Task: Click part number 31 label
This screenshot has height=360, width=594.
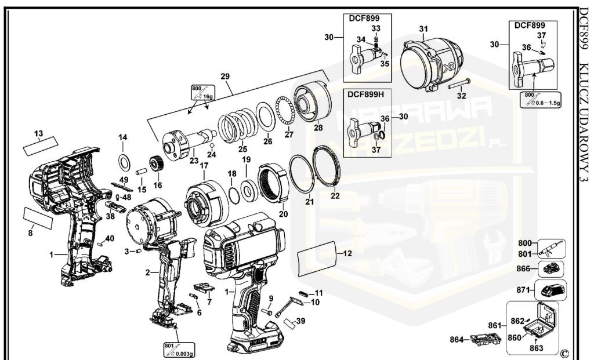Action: click(423, 29)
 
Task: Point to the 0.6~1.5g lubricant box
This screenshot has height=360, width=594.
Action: click(542, 99)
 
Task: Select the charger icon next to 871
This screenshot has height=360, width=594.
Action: click(551, 290)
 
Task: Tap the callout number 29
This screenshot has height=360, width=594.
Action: click(225, 76)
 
